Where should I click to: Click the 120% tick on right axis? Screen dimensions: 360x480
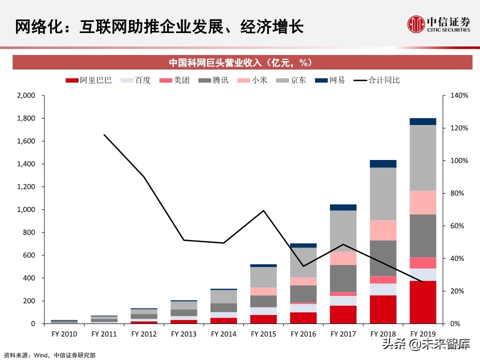tap(455, 128)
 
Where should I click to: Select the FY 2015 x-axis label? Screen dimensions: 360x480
tap(263, 333)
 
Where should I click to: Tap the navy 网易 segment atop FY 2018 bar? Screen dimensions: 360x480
tap(383, 163)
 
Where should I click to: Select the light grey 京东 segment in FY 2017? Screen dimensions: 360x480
tap(343, 230)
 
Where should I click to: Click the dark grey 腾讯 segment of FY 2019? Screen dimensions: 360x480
tap(423, 235)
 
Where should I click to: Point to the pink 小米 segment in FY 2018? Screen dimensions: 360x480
tap(383, 230)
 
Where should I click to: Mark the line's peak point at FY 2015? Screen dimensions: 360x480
tap(263, 210)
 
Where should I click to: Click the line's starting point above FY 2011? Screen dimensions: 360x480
tap(104, 134)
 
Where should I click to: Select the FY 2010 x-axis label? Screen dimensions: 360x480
tap(64, 333)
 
